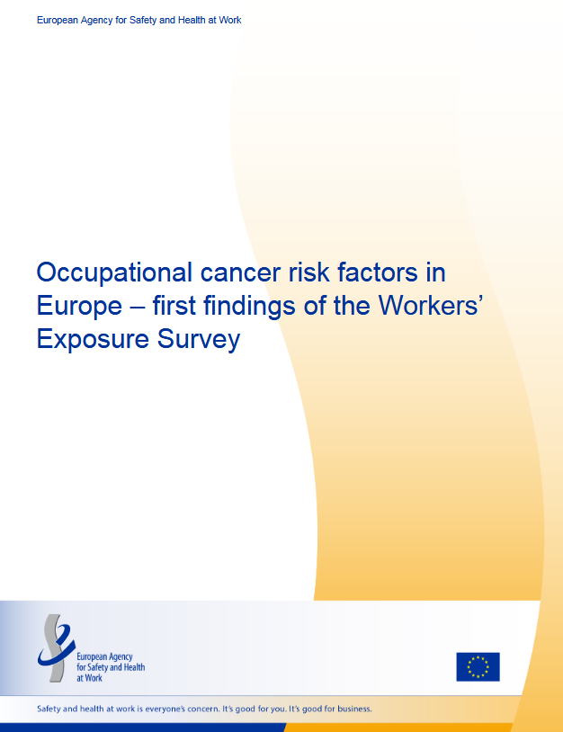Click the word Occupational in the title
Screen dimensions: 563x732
(114, 273)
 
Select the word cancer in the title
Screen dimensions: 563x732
(240, 273)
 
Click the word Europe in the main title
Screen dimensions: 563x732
(79, 308)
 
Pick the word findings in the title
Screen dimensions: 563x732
(249, 307)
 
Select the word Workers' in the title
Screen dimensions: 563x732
(430, 306)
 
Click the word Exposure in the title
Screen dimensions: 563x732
(93, 340)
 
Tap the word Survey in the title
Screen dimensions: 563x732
(199, 340)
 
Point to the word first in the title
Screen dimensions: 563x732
(174, 306)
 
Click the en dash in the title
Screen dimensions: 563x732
(138, 308)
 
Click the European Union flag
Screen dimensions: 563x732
(478, 666)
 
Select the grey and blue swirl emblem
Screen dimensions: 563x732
(56, 648)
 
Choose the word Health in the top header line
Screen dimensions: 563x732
(192, 20)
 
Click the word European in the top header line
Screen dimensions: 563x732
(58, 21)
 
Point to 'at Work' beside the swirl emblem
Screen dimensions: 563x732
(89, 678)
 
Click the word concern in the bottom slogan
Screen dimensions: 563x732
(203, 709)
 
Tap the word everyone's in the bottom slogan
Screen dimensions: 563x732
(165, 710)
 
